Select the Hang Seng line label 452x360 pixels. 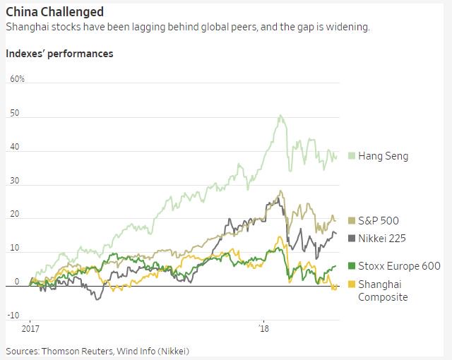coord(383,156)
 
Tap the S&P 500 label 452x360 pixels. coord(379,222)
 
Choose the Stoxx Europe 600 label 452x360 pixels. coord(399,266)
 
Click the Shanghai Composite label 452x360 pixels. coord(383,290)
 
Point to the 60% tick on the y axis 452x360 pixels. coord(17,79)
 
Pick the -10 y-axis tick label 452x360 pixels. coord(13,315)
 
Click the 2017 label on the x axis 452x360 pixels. coord(30,330)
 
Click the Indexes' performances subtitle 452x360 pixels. coord(59,54)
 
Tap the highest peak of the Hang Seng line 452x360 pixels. coord(280,115)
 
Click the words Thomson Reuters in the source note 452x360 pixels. coord(73,351)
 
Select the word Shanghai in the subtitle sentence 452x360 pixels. coord(27,28)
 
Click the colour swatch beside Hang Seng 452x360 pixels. coord(352,156)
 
